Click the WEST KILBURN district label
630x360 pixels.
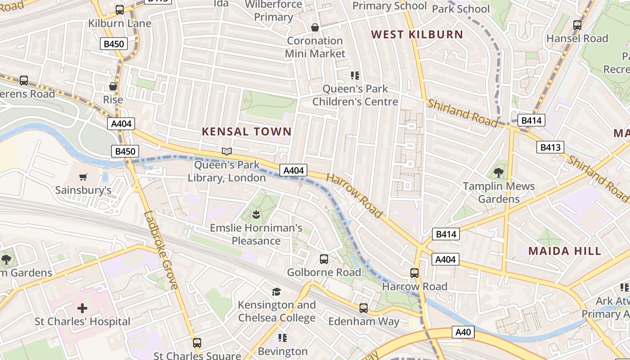pyautogui.click(x=417, y=35)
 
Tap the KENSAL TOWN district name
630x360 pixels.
pyautogui.click(x=247, y=131)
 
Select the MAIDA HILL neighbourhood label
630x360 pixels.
pyautogui.click(x=565, y=251)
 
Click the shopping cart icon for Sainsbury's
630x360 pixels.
pyautogui.click(x=83, y=177)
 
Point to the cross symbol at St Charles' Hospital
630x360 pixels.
pyautogui.click(x=82, y=308)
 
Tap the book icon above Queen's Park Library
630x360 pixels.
pyautogui.click(x=227, y=152)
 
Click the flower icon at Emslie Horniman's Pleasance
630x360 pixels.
pyautogui.click(x=256, y=214)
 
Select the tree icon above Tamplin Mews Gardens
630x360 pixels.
pyautogui.click(x=499, y=172)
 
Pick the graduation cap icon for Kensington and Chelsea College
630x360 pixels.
pyautogui.click(x=277, y=292)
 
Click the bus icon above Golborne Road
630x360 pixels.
pyautogui.click(x=324, y=259)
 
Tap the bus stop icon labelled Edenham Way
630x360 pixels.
pyautogui.click(x=364, y=308)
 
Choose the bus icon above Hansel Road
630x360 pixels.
pyautogui.click(x=577, y=25)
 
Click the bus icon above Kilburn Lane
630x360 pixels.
pyautogui.click(x=120, y=10)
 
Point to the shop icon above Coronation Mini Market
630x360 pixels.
pyautogui.click(x=315, y=27)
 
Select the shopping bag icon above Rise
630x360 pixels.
pyautogui.click(x=113, y=86)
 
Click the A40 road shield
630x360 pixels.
pyautogui.click(x=463, y=332)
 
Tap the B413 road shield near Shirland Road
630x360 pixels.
pyautogui.click(x=550, y=147)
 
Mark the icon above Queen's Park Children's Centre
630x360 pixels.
pyautogui.click(x=355, y=75)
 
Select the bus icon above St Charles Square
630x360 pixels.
pyautogui.click(x=197, y=342)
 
